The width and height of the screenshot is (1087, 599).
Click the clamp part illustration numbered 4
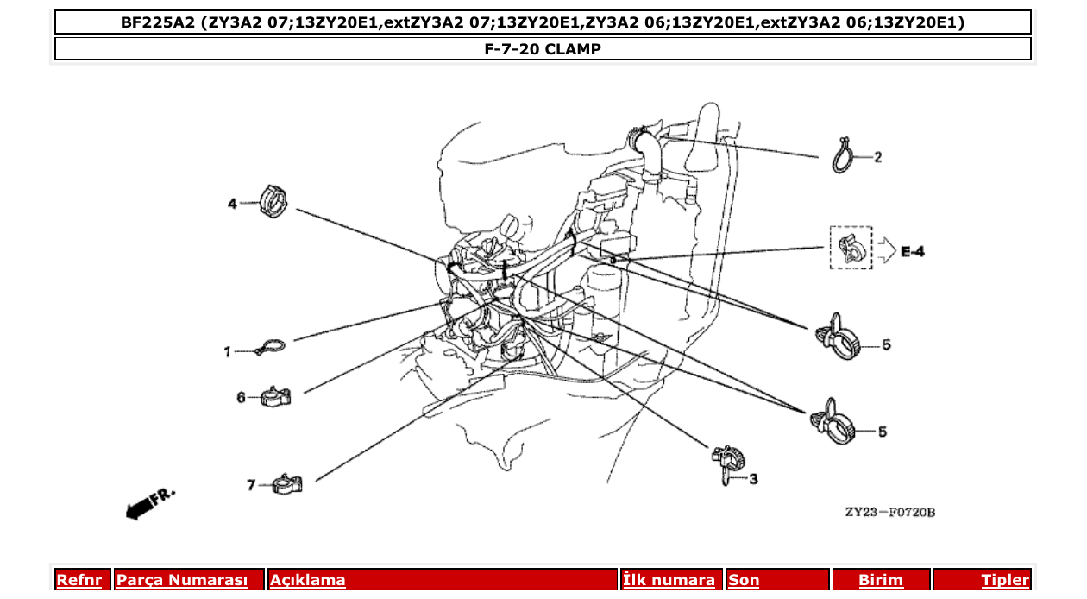click(x=273, y=202)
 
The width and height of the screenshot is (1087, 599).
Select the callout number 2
click(x=877, y=157)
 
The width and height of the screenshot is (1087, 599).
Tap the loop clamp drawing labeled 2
click(x=844, y=157)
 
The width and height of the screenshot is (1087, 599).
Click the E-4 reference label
click(x=913, y=252)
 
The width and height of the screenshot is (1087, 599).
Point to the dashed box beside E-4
click(x=851, y=248)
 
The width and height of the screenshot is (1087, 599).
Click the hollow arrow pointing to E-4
click(x=887, y=251)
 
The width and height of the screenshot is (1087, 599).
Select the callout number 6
click(x=242, y=398)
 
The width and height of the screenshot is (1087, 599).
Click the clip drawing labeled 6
click(x=274, y=397)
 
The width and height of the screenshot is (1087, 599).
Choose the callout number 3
click(x=752, y=478)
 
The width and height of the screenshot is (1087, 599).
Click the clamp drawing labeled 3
click(x=726, y=463)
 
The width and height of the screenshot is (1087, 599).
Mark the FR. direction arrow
click(x=149, y=504)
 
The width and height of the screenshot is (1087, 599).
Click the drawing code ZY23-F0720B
click(x=889, y=513)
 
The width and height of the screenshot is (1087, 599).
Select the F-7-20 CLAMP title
click(x=543, y=49)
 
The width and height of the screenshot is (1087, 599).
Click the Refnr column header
click(x=79, y=580)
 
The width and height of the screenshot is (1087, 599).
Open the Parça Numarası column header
click(x=182, y=580)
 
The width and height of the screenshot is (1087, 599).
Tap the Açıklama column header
click(x=308, y=580)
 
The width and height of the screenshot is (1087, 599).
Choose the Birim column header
click(x=880, y=580)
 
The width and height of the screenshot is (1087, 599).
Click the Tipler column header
click(x=1004, y=580)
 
